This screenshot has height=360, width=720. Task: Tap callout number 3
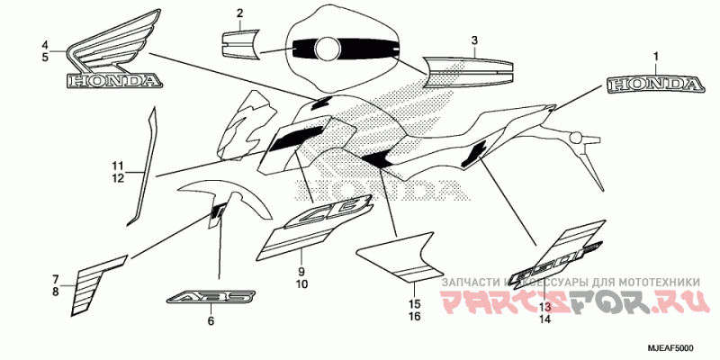click(x=475, y=40)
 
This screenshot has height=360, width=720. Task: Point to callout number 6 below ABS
click(x=211, y=320)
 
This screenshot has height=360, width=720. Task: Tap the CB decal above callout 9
click(x=323, y=213)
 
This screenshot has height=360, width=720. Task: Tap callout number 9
click(x=301, y=271)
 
